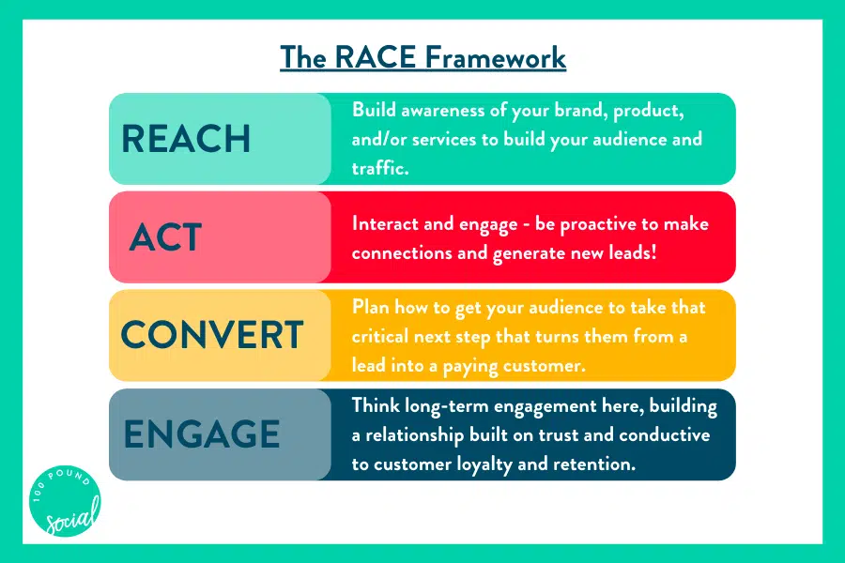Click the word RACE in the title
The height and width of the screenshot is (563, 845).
click(375, 57)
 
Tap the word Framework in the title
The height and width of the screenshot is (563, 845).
click(495, 57)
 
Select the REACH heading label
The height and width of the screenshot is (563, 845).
click(186, 139)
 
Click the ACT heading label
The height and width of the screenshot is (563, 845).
click(165, 237)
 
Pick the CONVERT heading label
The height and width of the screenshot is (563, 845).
click(212, 335)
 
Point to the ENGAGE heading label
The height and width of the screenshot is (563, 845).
click(202, 434)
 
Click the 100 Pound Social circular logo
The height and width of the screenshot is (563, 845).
click(65, 501)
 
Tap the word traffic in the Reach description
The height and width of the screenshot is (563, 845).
click(379, 168)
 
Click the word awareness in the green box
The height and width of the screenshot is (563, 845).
click(443, 111)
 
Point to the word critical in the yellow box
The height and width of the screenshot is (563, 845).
click(380, 336)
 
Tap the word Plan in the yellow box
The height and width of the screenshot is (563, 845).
click(370, 307)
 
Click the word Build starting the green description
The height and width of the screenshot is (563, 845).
click(374, 110)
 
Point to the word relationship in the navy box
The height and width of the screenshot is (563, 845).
click(414, 435)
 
